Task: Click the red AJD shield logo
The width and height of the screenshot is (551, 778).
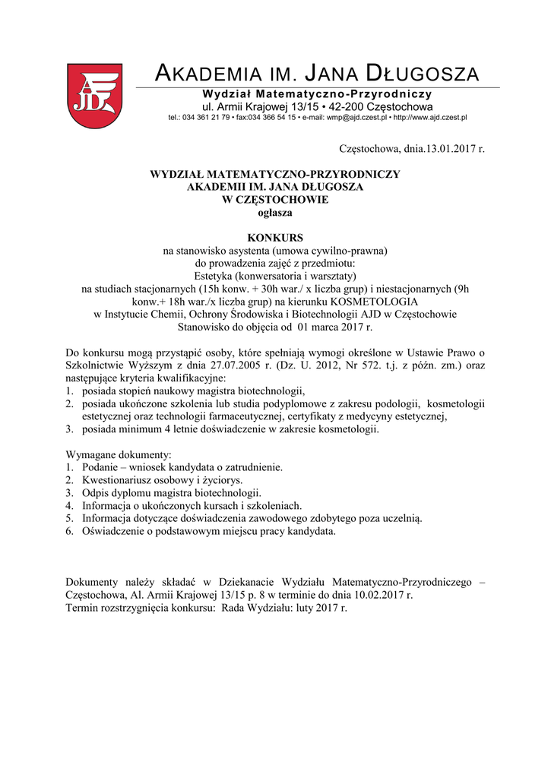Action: (x=94, y=96)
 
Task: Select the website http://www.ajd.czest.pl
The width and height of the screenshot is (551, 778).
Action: (x=430, y=118)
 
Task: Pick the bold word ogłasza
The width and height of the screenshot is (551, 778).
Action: (x=275, y=213)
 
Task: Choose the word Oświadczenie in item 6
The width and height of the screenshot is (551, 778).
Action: (x=112, y=531)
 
